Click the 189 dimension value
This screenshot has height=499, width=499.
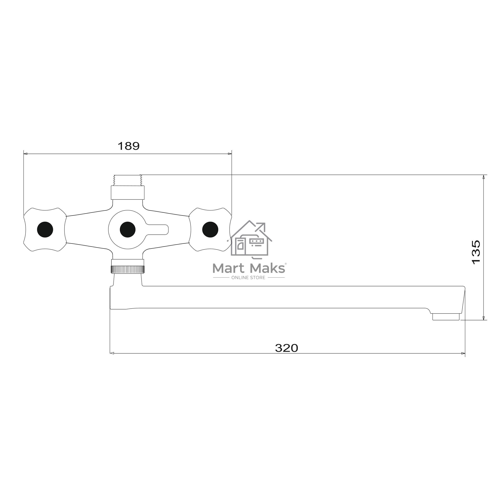129,146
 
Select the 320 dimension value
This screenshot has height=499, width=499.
286,348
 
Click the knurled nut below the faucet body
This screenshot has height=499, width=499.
128,270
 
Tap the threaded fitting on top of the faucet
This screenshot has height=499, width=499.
128,180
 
